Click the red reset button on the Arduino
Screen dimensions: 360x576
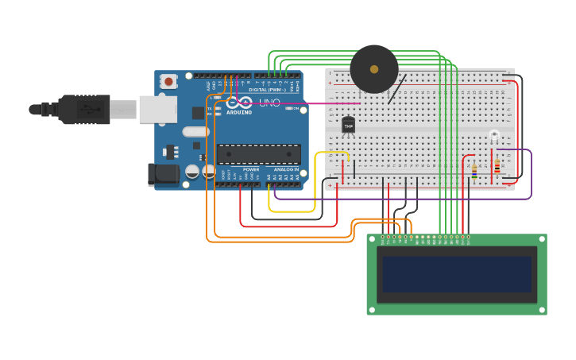168,81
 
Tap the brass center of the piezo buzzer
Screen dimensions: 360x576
374,69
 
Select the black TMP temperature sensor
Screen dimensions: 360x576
348,126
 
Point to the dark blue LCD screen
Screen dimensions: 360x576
456,274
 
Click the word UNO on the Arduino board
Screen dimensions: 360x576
269,103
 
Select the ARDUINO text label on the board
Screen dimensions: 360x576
238,112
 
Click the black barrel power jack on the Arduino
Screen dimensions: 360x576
163,175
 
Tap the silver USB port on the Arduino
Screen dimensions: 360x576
157,109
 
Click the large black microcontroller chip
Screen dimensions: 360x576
259,154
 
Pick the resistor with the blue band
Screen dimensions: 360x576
474,172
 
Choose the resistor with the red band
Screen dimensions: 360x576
497,167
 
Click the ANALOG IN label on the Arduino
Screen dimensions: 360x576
286,169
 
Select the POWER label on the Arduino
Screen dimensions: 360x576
251,169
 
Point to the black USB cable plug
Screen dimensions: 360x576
83,110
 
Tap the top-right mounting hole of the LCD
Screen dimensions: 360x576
540,240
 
